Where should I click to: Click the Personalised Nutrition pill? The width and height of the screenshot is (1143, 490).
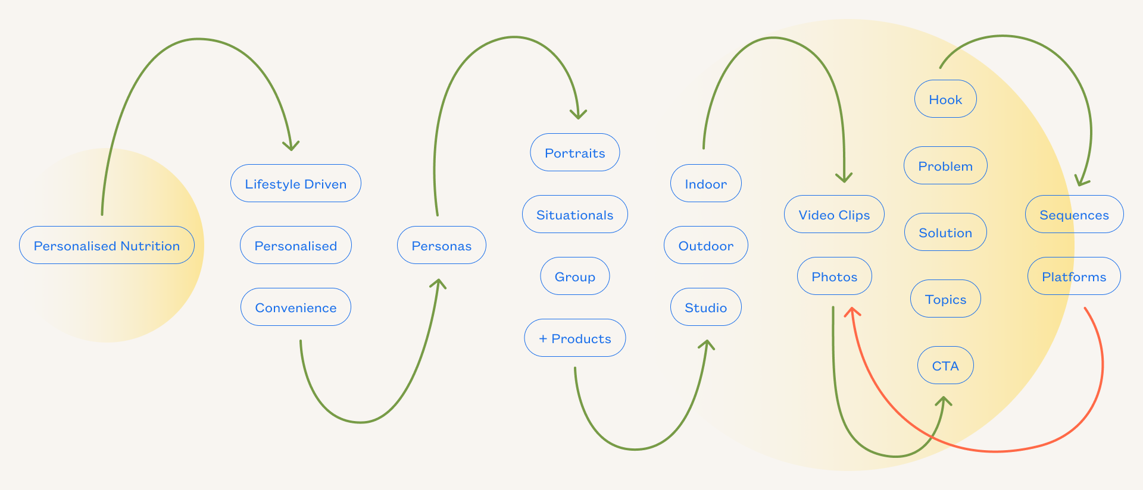point(107,245)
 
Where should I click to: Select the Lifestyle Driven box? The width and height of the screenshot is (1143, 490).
point(295,183)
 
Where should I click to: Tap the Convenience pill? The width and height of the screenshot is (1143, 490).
point(295,307)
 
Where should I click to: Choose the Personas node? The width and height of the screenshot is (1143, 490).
point(441,245)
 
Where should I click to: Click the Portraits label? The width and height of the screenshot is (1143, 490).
point(574,153)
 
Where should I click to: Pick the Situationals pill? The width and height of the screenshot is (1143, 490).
point(574,214)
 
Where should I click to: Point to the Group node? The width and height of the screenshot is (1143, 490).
point(574,276)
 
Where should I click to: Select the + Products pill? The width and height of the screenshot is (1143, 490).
point(574,338)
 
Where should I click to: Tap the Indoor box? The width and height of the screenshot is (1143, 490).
point(705,183)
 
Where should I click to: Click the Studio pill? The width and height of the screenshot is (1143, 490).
point(705,307)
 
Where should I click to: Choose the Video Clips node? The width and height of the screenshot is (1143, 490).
point(833,214)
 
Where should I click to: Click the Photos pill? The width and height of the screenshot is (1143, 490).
point(834,276)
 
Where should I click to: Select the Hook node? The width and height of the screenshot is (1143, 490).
point(945,99)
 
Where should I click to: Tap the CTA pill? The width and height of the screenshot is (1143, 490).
point(945,365)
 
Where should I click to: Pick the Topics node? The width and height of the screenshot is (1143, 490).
point(945,299)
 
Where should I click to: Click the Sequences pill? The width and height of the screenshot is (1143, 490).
point(1074,214)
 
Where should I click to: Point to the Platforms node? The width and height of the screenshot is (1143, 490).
point(1074,276)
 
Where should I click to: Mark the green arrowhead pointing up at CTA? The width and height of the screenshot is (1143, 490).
point(943,401)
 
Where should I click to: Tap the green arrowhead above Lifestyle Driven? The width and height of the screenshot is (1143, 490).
point(291,146)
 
